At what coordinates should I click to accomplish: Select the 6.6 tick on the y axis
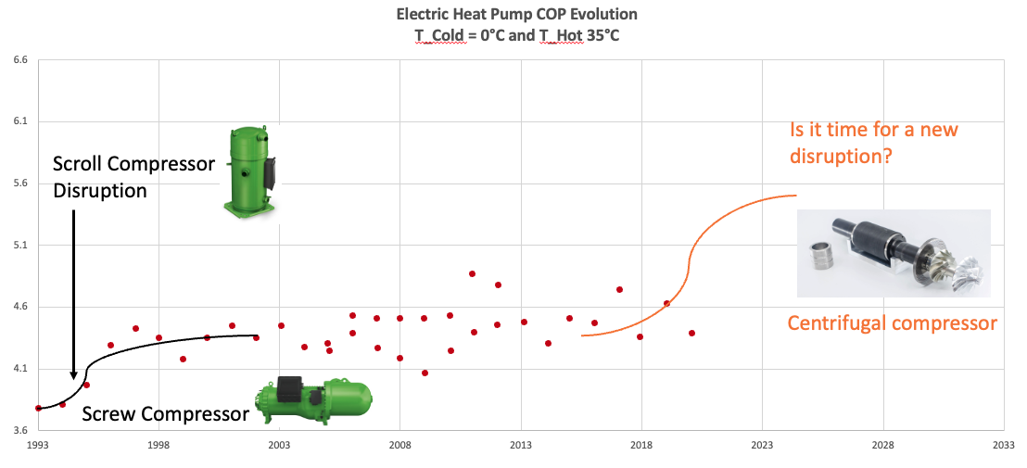tap(19, 60)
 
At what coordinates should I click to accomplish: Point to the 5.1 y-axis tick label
tap(19, 246)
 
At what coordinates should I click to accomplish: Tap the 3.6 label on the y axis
tap(19, 431)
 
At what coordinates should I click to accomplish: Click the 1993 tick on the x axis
tap(38, 446)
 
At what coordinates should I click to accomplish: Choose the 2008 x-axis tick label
tap(400, 446)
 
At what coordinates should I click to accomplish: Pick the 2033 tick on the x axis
tap(1003, 446)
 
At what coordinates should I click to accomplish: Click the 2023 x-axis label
tap(762, 446)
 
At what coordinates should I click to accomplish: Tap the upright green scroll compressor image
tap(249, 172)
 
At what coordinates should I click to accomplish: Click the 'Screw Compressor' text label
tap(165, 413)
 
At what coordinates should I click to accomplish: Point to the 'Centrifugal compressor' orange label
tap(892, 323)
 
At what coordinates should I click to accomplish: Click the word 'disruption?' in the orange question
tap(841, 156)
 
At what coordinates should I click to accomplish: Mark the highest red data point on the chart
tap(473, 273)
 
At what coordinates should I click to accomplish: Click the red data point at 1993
tap(38, 408)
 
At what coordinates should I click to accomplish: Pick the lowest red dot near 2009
tap(425, 373)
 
